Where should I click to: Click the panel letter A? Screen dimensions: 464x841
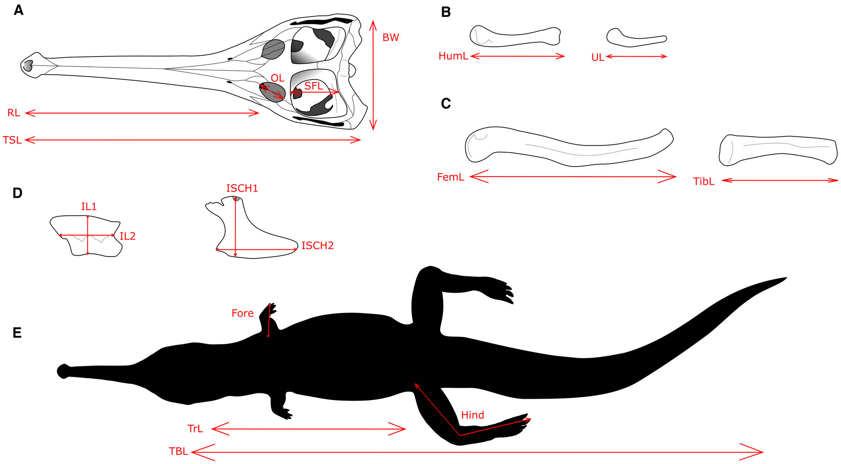(x=18, y=10)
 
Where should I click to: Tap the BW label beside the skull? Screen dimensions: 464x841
(x=390, y=38)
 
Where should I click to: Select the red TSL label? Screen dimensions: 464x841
(x=12, y=140)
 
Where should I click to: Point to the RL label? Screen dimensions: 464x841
(x=14, y=113)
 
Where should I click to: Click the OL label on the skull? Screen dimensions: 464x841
(x=277, y=78)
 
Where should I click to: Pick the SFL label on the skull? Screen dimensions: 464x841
(x=313, y=86)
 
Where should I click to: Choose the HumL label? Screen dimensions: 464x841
(x=453, y=56)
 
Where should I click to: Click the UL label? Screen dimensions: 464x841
(x=598, y=58)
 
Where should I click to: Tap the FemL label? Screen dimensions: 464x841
(x=451, y=177)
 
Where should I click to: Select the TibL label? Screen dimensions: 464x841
(x=703, y=181)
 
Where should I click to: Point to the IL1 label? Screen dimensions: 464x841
(x=89, y=206)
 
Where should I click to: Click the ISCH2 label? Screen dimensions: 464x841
(x=317, y=245)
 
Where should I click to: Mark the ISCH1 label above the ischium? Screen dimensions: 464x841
(x=242, y=188)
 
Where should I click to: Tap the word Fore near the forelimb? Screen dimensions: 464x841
(x=242, y=313)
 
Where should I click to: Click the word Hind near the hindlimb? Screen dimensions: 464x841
(x=472, y=415)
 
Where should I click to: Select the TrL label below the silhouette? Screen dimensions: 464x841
(x=195, y=429)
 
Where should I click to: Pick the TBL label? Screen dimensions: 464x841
(x=178, y=451)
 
